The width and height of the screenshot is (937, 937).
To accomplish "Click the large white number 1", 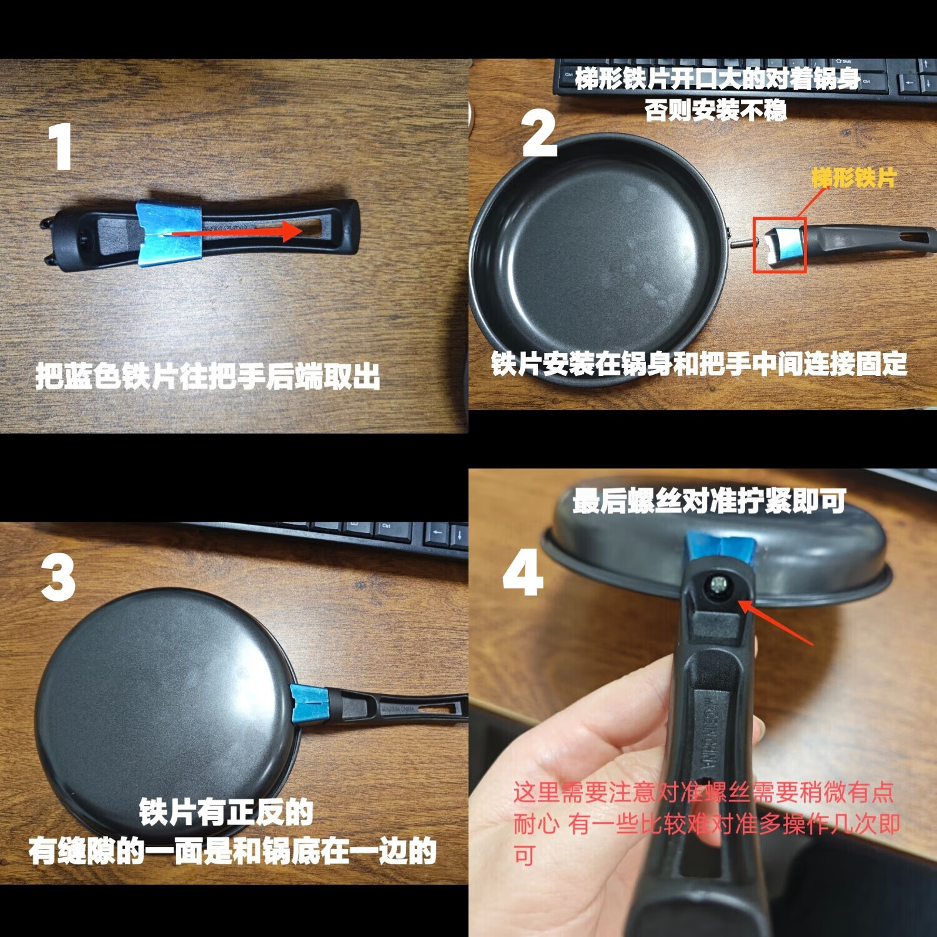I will [x=61, y=147].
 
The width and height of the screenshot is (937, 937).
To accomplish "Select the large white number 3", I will [x=58, y=578].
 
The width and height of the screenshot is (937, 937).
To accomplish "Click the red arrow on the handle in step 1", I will [x=237, y=232].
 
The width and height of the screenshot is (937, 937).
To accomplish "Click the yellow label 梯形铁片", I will [x=854, y=178].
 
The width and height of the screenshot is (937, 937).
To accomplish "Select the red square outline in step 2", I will [x=779, y=245].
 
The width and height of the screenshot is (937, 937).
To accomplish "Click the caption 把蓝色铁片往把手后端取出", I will [x=207, y=376].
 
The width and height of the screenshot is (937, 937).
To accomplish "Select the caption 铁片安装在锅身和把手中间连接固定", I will [x=698, y=364].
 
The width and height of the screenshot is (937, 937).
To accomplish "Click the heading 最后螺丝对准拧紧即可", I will [x=709, y=501].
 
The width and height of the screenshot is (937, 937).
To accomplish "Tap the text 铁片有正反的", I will [x=226, y=812].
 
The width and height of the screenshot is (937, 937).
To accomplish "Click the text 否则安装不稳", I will [x=715, y=111].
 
